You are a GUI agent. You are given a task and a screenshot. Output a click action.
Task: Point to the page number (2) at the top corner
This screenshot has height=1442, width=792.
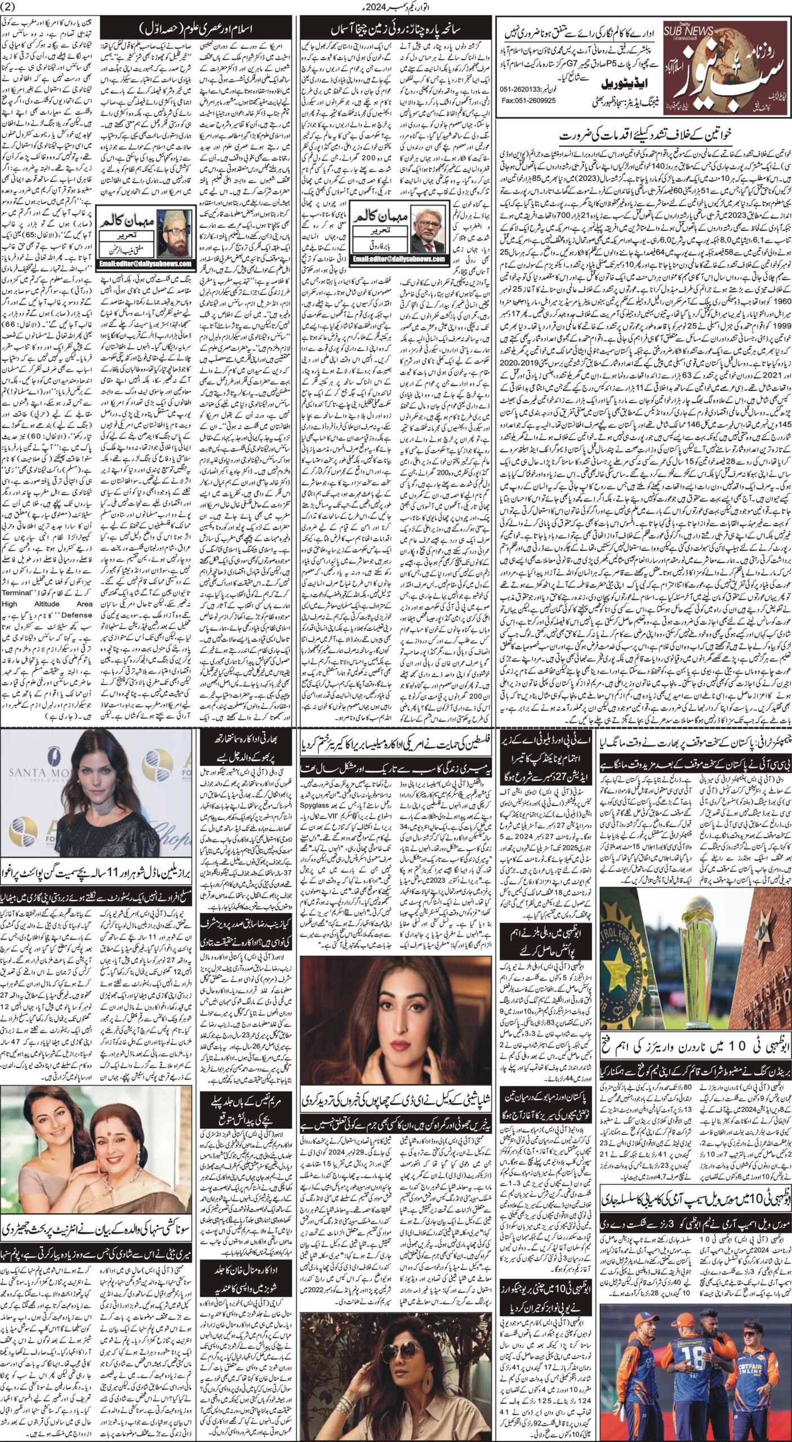coord(14,7)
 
